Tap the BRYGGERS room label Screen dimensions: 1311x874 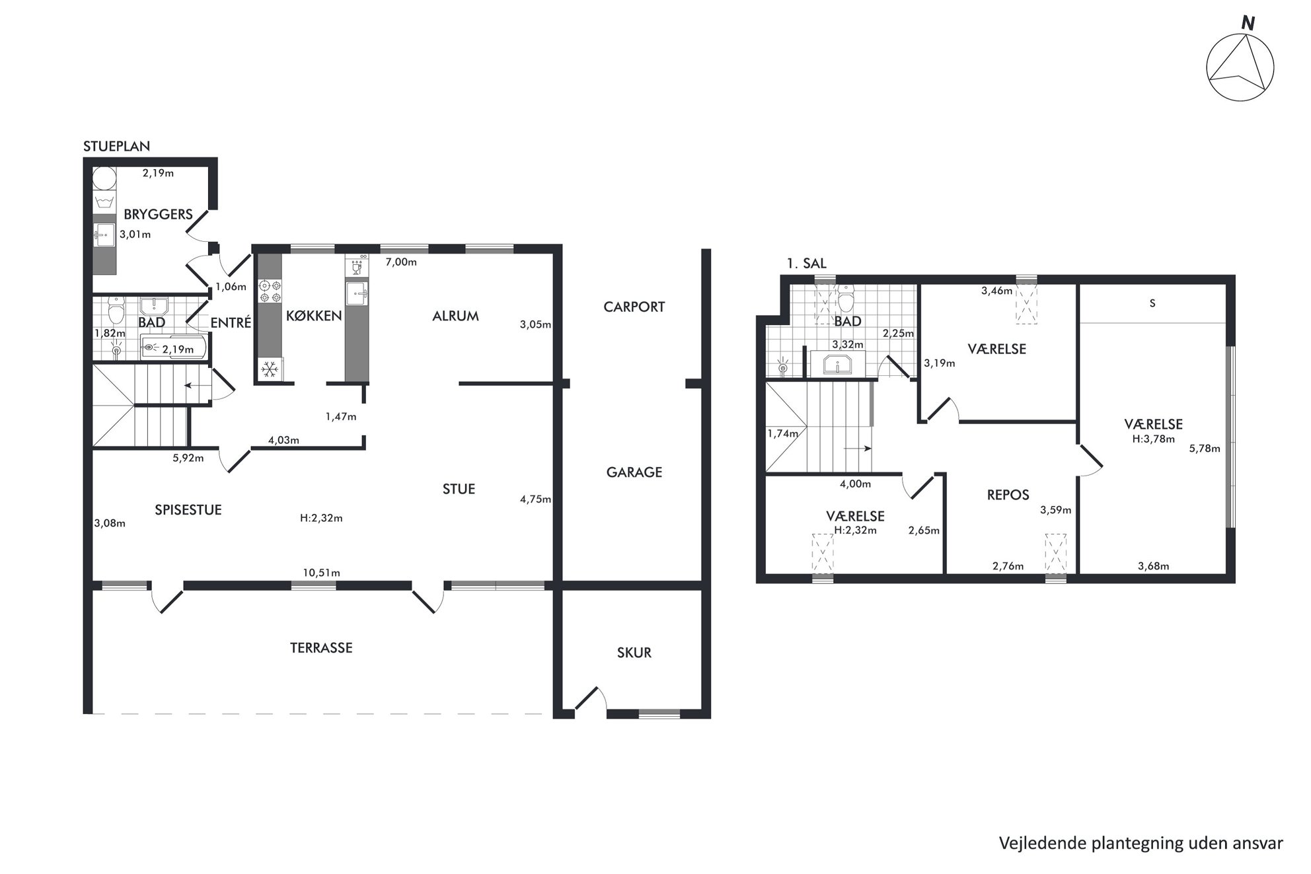point(158,214)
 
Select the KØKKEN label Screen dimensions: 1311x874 point(314,316)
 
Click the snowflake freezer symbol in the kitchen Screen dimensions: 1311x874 point(270,369)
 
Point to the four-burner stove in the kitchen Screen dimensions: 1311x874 point(270,291)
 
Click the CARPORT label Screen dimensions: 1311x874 point(634,307)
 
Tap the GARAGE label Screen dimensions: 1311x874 point(634,472)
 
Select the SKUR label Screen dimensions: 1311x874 point(634,652)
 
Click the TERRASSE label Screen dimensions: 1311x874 point(321,647)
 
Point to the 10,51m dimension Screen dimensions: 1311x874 point(322,573)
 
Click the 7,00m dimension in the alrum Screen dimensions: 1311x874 point(401,262)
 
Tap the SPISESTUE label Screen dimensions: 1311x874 point(188,509)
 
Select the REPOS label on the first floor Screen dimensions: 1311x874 point(1008,495)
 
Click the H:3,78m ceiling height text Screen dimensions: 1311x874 point(1154,438)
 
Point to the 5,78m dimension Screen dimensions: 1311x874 point(1205,448)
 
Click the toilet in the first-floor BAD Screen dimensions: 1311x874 point(846,299)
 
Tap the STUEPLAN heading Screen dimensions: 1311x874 point(116,146)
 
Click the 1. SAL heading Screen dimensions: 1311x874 point(806,263)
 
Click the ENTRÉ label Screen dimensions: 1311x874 point(231,322)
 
